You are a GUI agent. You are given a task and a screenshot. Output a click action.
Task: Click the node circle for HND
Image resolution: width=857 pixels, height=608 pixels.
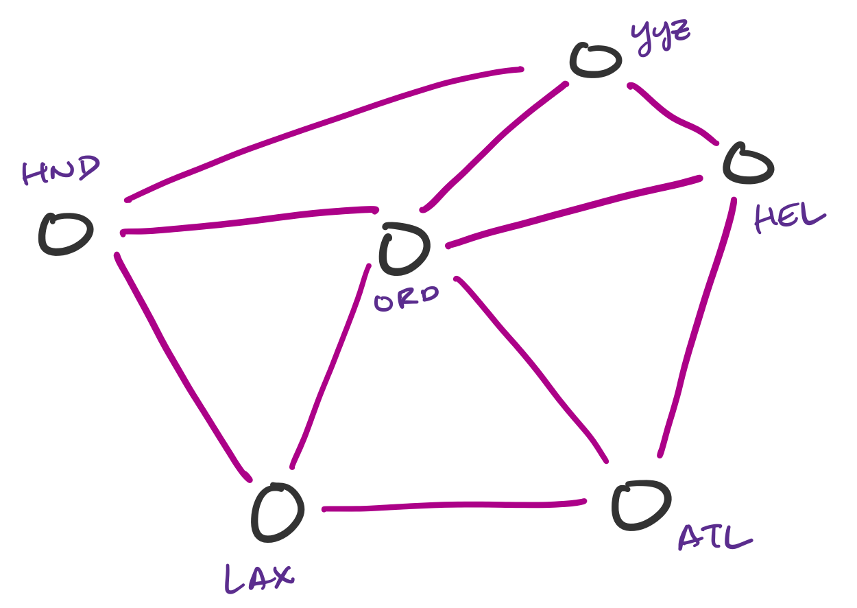[65, 234]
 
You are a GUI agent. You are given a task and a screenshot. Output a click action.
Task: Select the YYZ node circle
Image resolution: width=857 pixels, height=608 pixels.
[595, 60]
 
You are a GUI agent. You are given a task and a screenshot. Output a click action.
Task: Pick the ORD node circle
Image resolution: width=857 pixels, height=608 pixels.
[405, 247]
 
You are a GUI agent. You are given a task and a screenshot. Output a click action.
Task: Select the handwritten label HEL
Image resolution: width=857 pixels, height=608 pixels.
[789, 218]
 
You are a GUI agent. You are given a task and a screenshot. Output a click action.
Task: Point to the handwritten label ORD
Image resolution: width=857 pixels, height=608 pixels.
[407, 299]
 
